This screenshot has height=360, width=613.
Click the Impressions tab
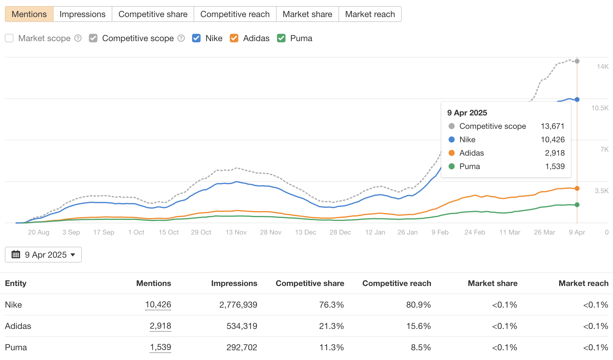click(82, 14)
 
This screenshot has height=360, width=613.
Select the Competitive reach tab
click(235, 14)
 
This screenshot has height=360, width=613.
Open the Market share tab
click(307, 14)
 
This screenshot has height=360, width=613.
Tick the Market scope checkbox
click(9, 38)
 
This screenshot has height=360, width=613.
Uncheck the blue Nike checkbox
click(196, 38)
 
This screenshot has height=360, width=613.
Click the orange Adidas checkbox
click(234, 38)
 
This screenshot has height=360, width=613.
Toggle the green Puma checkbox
click(281, 38)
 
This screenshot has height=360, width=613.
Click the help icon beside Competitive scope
click(181, 38)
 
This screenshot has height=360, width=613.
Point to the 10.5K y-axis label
click(600, 108)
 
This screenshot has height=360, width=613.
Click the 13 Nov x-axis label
click(236, 232)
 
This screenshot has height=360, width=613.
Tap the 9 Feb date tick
click(440, 232)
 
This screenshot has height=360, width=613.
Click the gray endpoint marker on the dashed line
click(577, 61)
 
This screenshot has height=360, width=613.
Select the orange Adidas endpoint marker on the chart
click(577, 189)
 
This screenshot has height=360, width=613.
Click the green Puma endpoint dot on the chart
click(577, 205)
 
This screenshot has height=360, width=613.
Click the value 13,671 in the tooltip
click(552, 126)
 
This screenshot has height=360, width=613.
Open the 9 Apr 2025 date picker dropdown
click(44, 255)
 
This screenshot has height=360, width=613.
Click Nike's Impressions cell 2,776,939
click(238, 305)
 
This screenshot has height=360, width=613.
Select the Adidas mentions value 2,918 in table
click(160, 326)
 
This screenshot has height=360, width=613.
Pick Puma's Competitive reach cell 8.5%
click(421, 347)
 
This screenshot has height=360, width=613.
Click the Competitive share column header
click(310, 283)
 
